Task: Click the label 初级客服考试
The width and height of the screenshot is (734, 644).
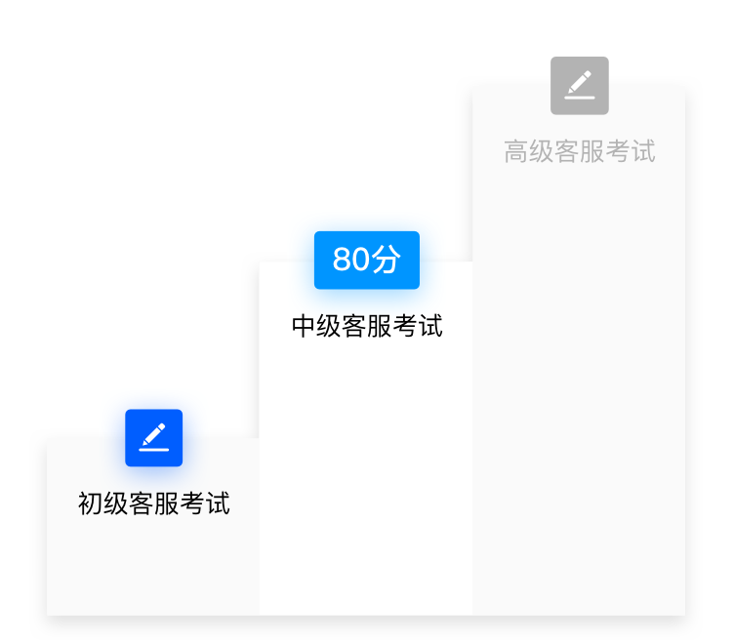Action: pos(154,503)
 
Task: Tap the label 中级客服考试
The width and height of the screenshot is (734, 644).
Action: pos(367,326)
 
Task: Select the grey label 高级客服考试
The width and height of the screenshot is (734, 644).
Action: pos(580,151)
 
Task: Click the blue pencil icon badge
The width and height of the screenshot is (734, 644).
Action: pos(154,438)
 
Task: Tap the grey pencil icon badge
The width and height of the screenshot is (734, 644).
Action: pos(580,85)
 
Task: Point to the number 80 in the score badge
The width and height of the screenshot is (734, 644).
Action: pos(351,260)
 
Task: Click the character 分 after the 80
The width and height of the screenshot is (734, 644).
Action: pos(387,260)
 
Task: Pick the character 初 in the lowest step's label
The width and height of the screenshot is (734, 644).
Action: pos(91,503)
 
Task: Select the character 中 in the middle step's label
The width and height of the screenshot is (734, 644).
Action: pos(304,326)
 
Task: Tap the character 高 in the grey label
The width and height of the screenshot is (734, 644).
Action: pos(516,151)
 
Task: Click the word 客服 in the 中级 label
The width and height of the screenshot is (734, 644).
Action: pos(367,326)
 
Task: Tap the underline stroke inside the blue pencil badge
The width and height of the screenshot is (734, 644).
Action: pos(154,450)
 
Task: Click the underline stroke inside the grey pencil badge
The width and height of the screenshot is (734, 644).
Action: pos(580,97)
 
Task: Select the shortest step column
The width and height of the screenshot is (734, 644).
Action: pos(153,566)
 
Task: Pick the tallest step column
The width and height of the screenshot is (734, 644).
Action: pos(579,390)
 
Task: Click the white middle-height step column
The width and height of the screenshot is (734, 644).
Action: pos(366,468)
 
